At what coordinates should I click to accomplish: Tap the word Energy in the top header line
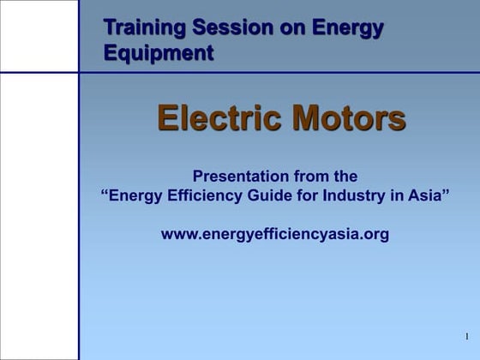(x=347, y=27)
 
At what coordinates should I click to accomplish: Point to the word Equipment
(x=159, y=53)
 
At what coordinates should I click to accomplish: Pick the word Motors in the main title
(x=348, y=118)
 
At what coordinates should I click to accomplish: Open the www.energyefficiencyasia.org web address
(x=274, y=233)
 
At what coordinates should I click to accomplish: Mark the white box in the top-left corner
(x=39, y=36)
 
